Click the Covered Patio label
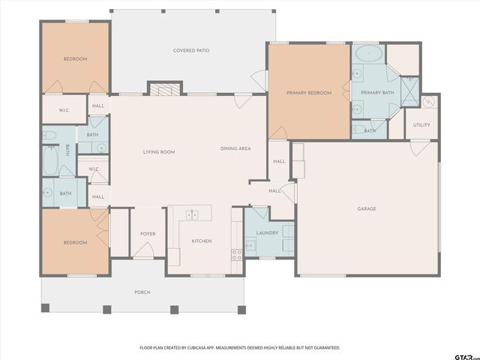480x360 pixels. [x=191, y=50]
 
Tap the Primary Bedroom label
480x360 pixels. [x=309, y=93]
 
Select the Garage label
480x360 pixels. [x=367, y=208]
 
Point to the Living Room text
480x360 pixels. [x=159, y=151]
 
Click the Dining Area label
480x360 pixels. [x=235, y=148]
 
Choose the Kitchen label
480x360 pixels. [x=202, y=241]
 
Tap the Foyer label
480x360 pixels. [x=148, y=234]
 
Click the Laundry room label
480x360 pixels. [x=267, y=233]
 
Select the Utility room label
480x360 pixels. [x=421, y=125]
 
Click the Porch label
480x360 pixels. [x=142, y=292]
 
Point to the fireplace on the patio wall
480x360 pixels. [x=165, y=89]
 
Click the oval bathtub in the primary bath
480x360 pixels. [x=369, y=53]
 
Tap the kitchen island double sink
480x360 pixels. [x=192, y=215]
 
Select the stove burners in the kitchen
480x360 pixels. [x=237, y=255]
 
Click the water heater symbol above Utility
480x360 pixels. [x=428, y=101]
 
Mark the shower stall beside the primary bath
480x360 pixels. [x=410, y=91]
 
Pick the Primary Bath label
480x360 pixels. [x=377, y=92]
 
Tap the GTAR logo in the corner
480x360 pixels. [x=466, y=357]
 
